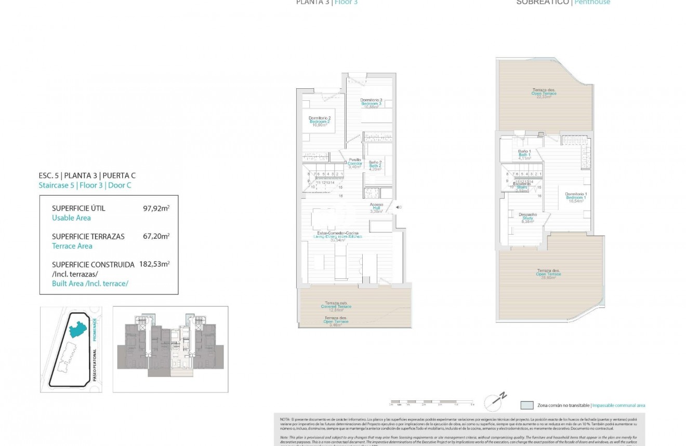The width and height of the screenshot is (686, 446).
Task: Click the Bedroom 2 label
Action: point(320,121)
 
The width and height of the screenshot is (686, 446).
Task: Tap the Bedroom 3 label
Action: point(371,103)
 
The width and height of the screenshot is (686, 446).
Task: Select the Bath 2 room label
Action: point(375,166)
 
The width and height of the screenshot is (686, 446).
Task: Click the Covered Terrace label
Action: point(336,306)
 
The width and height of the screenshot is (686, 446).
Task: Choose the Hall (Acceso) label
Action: point(376,208)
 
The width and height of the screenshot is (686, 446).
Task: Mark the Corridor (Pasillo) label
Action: point(354,163)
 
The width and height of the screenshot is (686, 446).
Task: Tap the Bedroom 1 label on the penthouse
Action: point(576,197)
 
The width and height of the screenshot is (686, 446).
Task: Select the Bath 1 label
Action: point(524,154)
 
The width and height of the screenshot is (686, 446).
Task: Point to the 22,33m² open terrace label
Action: point(544,93)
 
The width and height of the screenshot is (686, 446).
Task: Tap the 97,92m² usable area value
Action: point(156,208)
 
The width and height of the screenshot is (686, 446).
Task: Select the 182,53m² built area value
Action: point(154,264)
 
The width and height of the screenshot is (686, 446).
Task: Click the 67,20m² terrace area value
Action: point(156,236)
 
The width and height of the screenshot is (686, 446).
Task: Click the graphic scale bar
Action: point(431,402)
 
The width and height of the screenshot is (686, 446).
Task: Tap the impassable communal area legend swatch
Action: point(526,406)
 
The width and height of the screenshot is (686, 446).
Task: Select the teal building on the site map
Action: point(78,329)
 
